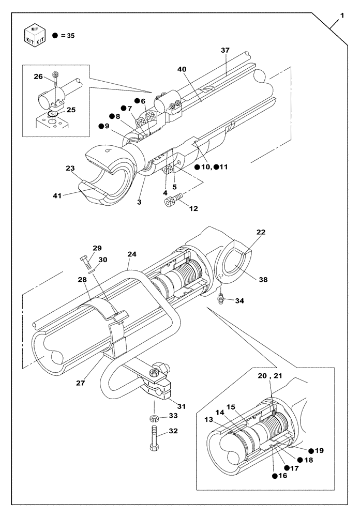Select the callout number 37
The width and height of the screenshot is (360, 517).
pyautogui.click(x=225, y=50)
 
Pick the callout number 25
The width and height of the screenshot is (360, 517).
pyautogui.click(x=71, y=110)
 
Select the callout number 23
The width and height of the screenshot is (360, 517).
pyautogui.click(x=71, y=168)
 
